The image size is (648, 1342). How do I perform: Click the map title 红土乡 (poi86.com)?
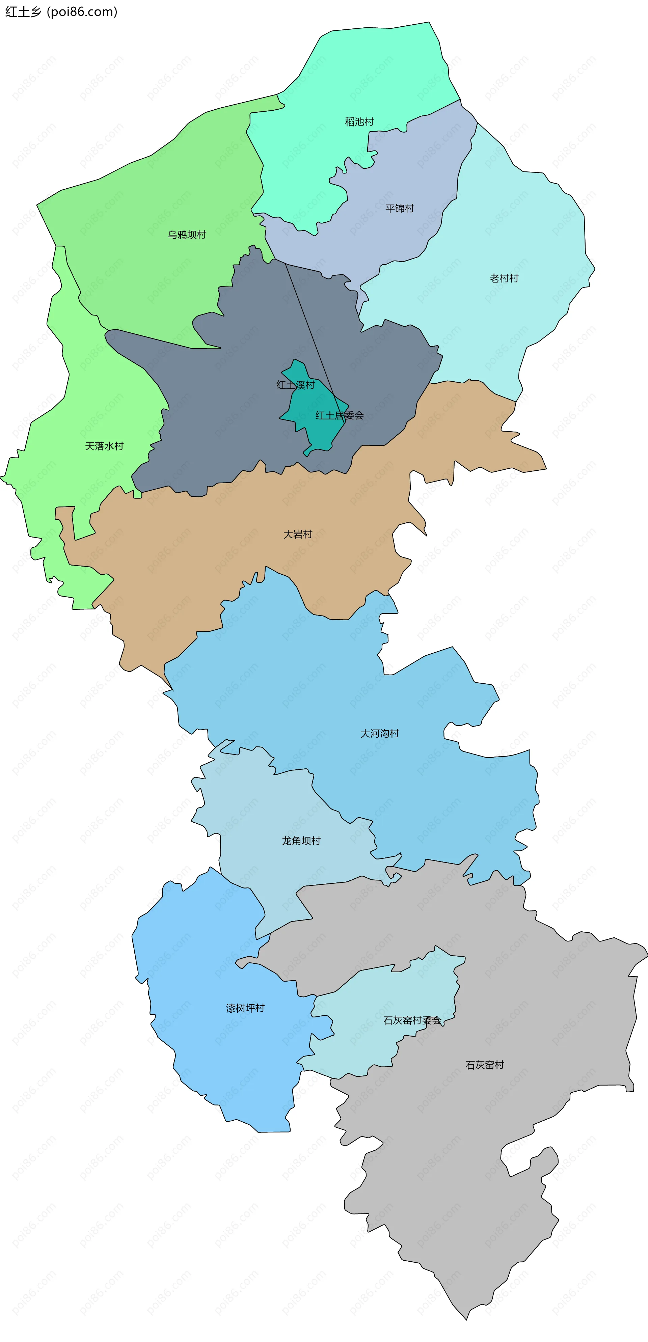click(x=61, y=11)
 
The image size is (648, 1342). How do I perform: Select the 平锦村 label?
click(x=400, y=209)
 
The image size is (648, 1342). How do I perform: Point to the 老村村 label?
click(x=504, y=278)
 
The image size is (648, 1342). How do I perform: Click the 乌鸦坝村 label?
click(x=187, y=235)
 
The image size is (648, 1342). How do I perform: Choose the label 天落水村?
click(x=104, y=446)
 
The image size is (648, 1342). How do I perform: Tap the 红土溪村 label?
click(x=295, y=385)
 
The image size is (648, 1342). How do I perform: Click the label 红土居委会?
click(x=339, y=415)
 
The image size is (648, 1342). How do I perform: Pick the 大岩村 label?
click(x=297, y=535)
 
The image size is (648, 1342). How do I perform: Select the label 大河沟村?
click(x=379, y=734)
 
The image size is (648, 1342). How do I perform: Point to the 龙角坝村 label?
click(x=301, y=841)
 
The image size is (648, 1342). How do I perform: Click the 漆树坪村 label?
click(x=245, y=1008)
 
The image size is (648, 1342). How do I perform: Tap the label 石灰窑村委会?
click(x=412, y=1020)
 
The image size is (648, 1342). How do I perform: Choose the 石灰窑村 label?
click(x=484, y=1065)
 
